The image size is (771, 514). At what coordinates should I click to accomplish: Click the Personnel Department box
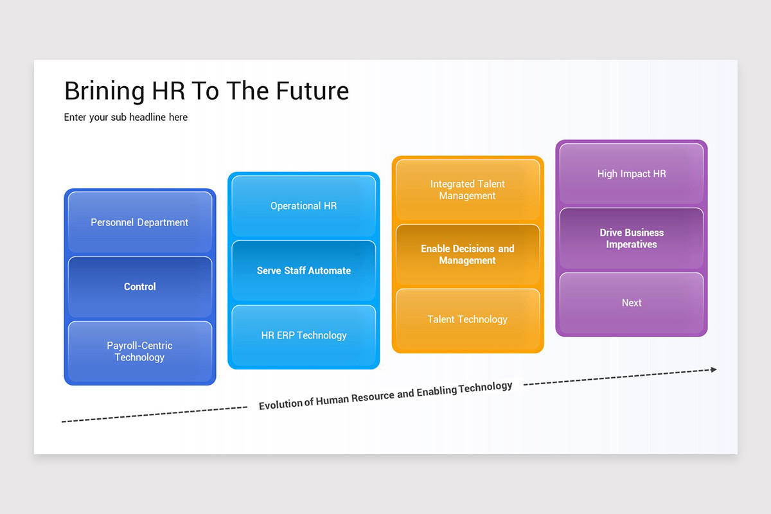click(x=140, y=222)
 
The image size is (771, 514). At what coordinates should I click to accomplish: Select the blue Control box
click(x=140, y=287)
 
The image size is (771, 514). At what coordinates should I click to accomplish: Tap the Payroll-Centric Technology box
click(x=140, y=351)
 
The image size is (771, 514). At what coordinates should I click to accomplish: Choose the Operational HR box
click(x=304, y=206)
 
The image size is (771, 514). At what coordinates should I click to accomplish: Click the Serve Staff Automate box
click(x=304, y=270)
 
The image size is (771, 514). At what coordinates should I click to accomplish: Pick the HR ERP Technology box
click(x=304, y=335)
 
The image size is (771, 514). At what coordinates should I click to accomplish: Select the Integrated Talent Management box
click(x=468, y=190)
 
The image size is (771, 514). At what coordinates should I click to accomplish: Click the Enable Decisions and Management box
click(x=468, y=254)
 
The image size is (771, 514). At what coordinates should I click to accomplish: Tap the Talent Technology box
click(x=468, y=319)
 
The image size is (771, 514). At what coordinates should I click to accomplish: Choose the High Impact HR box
click(x=632, y=173)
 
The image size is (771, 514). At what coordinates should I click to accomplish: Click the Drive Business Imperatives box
click(x=632, y=238)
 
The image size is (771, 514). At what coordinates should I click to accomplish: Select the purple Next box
click(x=632, y=303)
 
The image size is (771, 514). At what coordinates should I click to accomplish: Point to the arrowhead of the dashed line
click(x=713, y=369)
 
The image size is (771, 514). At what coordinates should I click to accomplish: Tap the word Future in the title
click(x=312, y=91)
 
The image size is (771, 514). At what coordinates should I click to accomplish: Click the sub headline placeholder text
click(x=126, y=118)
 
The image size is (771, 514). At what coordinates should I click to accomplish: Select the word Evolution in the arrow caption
click(x=281, y=404)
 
